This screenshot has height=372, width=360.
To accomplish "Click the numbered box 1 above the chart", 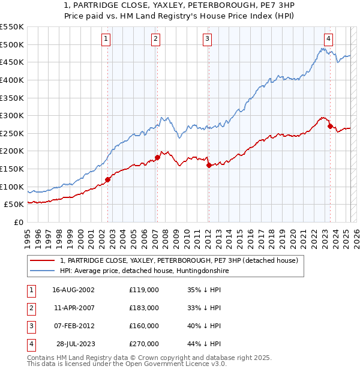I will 106,40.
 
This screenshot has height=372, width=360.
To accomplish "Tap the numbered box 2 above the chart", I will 155,40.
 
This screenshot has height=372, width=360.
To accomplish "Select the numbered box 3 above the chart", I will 207,40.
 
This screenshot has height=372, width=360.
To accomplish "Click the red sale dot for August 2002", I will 108,179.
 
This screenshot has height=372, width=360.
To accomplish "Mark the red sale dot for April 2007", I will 157,157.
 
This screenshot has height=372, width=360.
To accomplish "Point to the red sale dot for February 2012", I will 209,165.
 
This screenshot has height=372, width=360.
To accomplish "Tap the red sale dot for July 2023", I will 331,126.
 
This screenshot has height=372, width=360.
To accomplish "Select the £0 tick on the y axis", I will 19,222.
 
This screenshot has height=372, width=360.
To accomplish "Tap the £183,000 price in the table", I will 144,308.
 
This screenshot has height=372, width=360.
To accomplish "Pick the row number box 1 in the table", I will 31,290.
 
